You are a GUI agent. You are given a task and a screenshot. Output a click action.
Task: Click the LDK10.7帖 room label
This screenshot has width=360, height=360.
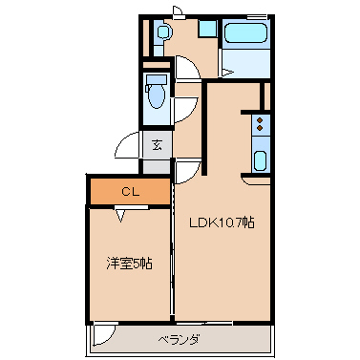(x=221, y=222)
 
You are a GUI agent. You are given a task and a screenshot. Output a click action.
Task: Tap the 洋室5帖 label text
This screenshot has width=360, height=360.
(x=128, y=264)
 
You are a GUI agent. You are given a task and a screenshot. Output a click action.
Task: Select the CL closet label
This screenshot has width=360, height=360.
(x=131, y=192)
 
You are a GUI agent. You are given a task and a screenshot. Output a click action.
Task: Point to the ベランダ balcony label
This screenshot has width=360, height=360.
(x=179, y=339)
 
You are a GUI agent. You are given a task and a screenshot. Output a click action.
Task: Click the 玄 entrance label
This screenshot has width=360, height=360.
(x=155, y=145)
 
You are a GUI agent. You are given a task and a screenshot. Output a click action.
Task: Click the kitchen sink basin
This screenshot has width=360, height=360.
(x=260, y=158)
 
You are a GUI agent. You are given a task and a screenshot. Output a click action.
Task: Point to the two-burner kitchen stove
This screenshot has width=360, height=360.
(x=260, y=122)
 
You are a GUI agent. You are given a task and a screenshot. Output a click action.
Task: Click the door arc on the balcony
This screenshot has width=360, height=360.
(x=103, y=334)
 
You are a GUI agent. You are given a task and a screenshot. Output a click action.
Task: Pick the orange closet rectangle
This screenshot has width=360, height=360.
(x=131, y=192)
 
